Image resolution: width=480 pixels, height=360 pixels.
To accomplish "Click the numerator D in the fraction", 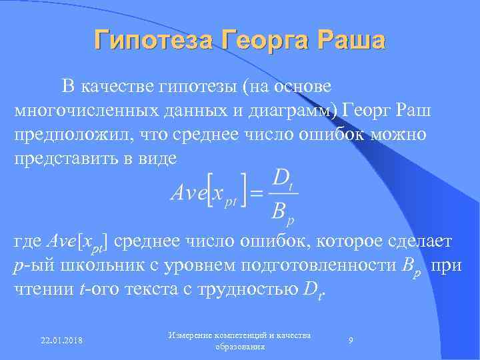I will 281,179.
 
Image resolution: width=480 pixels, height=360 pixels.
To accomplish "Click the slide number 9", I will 351,341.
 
